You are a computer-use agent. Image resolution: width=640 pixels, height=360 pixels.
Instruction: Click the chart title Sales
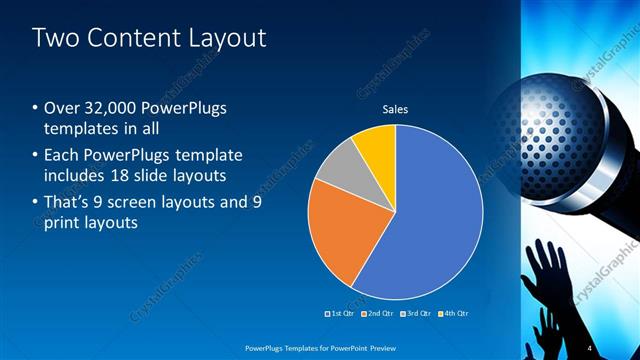(396, 109)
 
